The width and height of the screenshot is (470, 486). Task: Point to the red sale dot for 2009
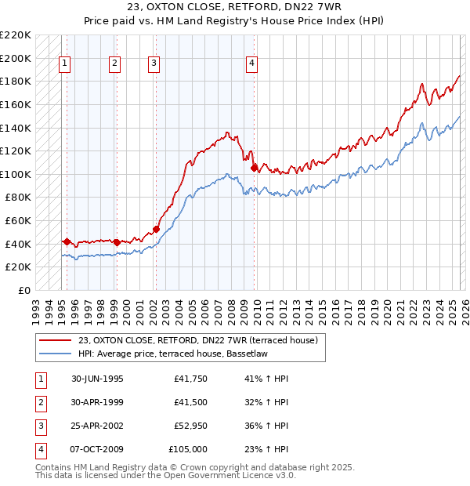[x=254, y=168]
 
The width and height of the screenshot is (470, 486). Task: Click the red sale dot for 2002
[x=156, y=229]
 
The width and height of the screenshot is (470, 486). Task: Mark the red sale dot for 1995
[x=67, y=241]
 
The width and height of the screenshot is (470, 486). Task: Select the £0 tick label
[x=24, y=290]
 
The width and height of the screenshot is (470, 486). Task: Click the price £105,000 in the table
[x=188, y=449]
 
